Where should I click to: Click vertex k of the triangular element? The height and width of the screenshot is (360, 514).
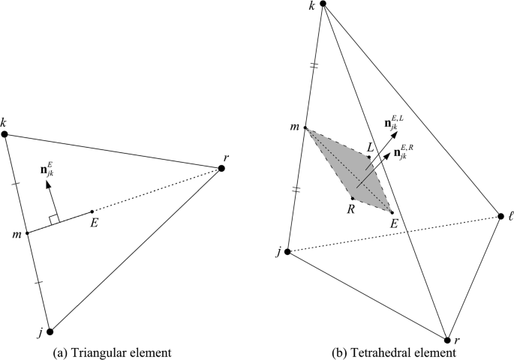tap(5, 134)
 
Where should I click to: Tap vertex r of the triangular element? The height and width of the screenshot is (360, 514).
tap(221, 168)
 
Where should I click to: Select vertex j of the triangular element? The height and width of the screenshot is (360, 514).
tap(50, 331)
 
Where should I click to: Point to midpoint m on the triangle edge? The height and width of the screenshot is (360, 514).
tap(27, 232)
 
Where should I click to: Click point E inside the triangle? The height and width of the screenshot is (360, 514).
tap(92, 211)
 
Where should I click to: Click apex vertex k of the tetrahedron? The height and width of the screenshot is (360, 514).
tap(323, 4)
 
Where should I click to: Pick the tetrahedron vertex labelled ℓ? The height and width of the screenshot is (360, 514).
tap(500, 217)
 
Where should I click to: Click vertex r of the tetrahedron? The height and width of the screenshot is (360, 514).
tap(447, 340)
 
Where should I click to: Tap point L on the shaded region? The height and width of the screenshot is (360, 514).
tap(368, 157)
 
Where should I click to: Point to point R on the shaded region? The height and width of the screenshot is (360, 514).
tap(353, 198)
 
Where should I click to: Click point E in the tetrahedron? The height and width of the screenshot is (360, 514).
tap(392, 213)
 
